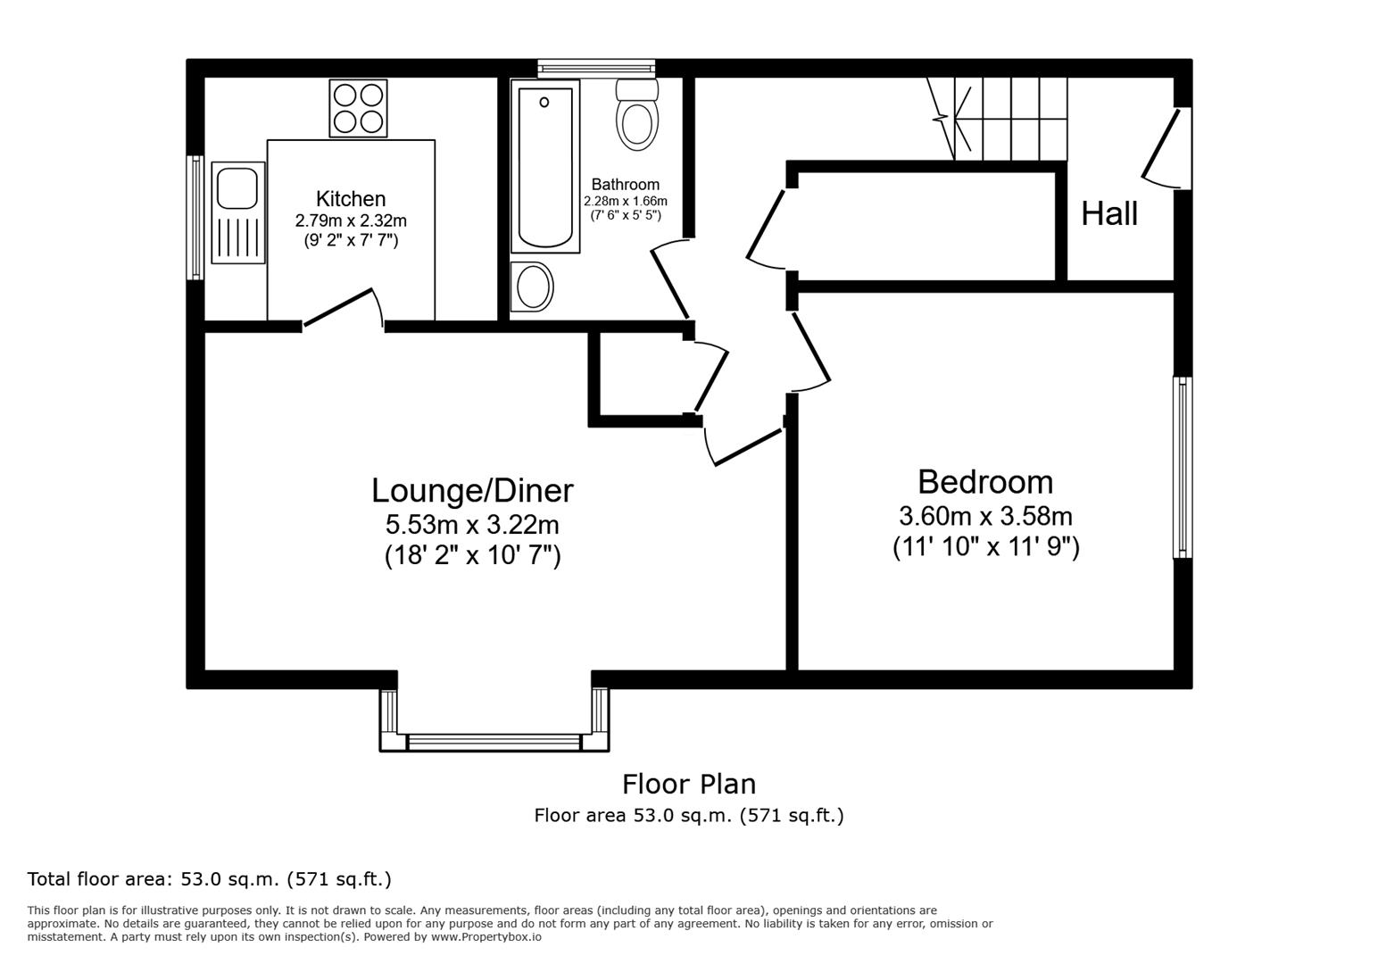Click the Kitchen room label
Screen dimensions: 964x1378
pyautogui.click(x=351, y=199)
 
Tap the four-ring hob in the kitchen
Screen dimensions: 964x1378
pyautogui.click(x=358, y=108)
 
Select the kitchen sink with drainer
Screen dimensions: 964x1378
pyautogui.click(x=238, y=212)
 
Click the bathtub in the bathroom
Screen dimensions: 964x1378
pyautogui.click(x=544, y=167)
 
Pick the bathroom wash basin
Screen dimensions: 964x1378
pyautogui.click(x=533, y=287)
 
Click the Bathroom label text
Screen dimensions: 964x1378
pyautogui.click(x=625, y=185)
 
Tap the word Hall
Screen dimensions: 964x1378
pyautogui.click(x=1109, y=214)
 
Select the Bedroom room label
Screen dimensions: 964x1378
pyautogui.click(x=985, y=482)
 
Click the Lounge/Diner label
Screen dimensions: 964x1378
pyautogui.click(x=472, y=491)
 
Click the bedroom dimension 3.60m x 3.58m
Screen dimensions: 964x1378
pyautogui.click(x=985, y=517)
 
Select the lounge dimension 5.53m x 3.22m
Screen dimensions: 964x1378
pyautogui.click(x=472, y=525)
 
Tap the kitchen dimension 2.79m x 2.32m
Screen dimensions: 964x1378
pyautogui.click(x=351, y=220)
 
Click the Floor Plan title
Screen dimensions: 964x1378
pyautogui.click(x=688, y=784)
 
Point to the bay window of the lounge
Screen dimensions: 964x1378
pyautogui.click(x=494, y=741)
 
